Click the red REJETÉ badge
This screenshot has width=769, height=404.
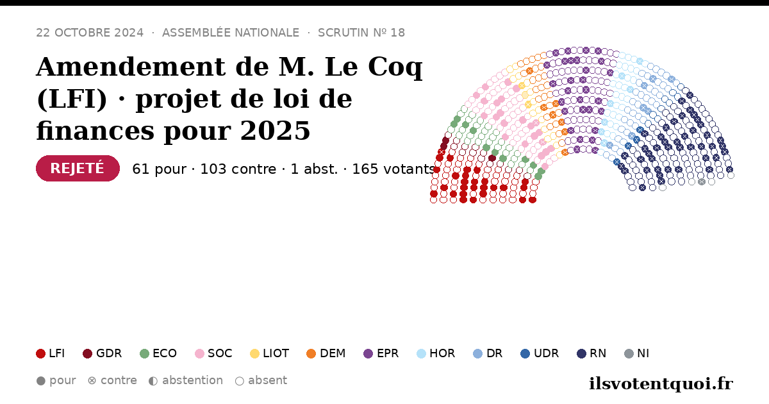[78, 168]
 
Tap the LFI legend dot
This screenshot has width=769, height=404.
[40, 353]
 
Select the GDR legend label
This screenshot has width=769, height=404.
[109, 353]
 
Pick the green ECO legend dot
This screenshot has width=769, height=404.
[145, 353]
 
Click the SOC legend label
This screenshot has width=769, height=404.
[220, 353]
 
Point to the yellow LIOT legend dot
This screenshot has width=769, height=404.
[255, 353]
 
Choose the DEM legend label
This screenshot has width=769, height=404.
[333, 353]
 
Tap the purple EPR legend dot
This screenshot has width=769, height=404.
[368, 353]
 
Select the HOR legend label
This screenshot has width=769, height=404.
[442, 353]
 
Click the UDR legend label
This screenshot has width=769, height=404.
[546, 353]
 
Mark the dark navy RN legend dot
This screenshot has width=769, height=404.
[581, 353]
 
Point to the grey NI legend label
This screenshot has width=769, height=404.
[643, 353]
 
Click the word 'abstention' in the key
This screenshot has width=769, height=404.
[193, 380]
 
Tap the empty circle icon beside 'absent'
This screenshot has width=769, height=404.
[240, 381]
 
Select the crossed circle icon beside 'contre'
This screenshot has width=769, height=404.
[92, 381]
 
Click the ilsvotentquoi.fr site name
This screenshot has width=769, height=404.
[661, 383]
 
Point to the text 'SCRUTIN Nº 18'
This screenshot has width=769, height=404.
[361, 33]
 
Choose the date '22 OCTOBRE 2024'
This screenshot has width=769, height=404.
[90, 33]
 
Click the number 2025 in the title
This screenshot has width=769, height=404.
[275, 131]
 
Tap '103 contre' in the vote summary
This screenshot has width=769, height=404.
[238, 169]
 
